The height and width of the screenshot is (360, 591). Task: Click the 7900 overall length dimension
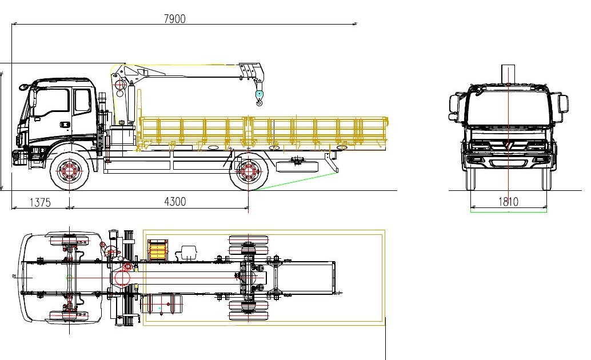174,19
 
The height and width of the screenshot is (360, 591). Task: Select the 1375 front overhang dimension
39,202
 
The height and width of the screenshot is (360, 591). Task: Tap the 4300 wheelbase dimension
175,202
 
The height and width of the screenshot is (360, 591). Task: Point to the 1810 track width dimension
508,202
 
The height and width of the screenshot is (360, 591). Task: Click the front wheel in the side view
70,171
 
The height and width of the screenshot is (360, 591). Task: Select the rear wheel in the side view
248,171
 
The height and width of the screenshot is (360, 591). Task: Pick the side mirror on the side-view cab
25,87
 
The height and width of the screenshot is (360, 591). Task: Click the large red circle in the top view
122,278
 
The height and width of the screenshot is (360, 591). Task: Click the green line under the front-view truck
508,211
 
